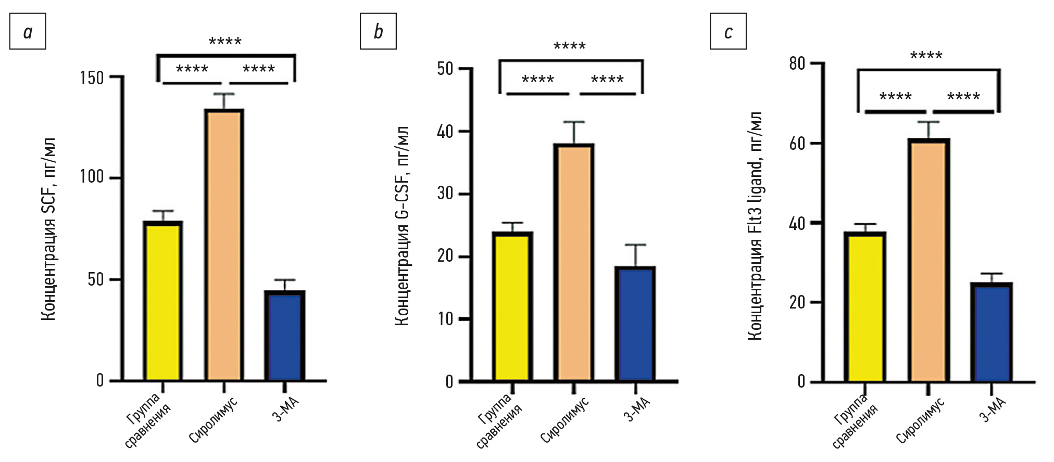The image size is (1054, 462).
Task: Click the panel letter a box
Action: [28, 32]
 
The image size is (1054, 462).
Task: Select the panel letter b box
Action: [378, 32]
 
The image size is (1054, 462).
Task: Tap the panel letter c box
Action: [728, 32]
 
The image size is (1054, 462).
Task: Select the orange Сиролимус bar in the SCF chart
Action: [224, 245]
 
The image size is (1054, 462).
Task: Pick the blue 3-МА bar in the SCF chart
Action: [284, 336]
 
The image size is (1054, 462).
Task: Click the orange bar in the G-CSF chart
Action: [573, 263]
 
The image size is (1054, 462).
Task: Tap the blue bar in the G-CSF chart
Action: [635, 324]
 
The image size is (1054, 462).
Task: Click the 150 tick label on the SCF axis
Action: [92, 78]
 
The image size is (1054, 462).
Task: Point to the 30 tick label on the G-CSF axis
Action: [445, 194]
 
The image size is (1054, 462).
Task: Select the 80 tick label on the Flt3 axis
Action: [797, 64]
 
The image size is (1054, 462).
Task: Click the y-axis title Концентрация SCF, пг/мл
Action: [48, 229]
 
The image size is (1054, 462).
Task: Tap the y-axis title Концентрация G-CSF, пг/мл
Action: [401, 226]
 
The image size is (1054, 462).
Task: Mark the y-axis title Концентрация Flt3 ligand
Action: [755, 226]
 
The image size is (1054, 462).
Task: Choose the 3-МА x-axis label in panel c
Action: [993, 409]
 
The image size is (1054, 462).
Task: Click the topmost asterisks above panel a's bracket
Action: [225, 41]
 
